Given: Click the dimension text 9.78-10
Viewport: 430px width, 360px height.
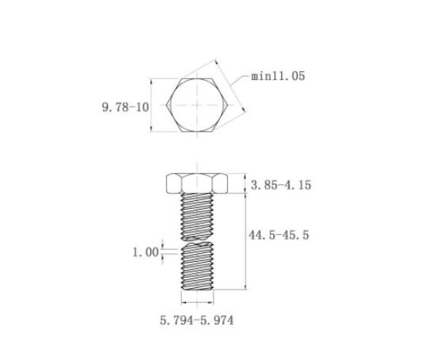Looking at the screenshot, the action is tap(125, 107).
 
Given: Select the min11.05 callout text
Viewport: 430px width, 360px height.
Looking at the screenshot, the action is tap(278, 76).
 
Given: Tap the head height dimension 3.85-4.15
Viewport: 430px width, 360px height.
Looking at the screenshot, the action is tap(281, 185).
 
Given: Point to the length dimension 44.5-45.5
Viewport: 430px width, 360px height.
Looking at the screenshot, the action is tap(279, 235).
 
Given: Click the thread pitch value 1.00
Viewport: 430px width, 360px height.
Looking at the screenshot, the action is tap(146, 252).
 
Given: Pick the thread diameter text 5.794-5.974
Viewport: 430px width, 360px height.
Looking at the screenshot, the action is tap(196, 320).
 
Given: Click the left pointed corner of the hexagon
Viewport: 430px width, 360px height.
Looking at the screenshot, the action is tap(166, 104).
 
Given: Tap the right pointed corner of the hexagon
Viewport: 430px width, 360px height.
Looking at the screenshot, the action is tap(228, 104).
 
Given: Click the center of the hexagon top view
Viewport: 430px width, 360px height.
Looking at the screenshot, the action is tap(197, 104).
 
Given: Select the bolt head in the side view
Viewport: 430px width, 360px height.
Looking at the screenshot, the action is tap(197, 184).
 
